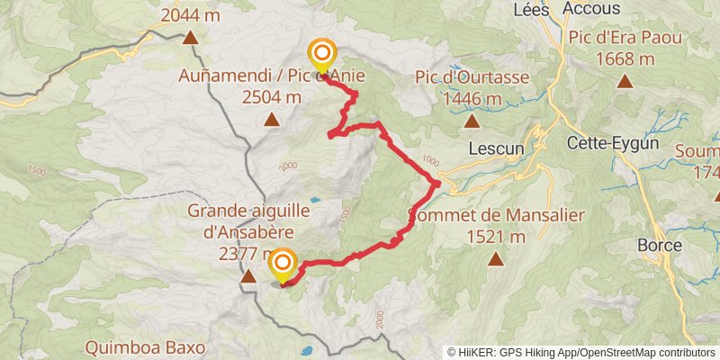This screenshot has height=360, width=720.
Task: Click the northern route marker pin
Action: coord(320,54)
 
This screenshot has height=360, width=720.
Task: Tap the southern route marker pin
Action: coord(283,264)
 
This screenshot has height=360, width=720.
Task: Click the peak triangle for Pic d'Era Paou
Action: coord(625,81)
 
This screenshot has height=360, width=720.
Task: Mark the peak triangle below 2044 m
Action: coord(191,37)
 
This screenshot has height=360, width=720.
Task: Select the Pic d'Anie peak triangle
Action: coord(271,120)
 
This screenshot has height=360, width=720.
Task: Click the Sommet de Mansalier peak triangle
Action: coord(495,259)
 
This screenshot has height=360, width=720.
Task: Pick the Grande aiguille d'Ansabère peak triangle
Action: coord(247,276)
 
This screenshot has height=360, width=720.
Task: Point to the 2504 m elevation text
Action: coord(271,98)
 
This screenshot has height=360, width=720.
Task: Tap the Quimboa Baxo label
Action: coord(146,346)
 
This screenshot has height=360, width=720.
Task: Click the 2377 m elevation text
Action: coord(247,255)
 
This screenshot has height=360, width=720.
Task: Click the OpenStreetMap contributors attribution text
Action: coord(644,353)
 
